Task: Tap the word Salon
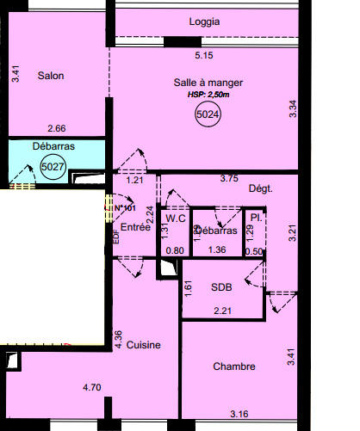pos(51,76)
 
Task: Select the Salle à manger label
pos(208,83)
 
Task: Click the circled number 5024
pos(208,114)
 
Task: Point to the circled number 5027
pos(53,167)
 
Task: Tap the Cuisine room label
pos(144,345)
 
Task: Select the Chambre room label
pos(234,366)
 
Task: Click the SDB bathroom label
pos(222,288)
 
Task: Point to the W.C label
pos(177,219)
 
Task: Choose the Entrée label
pos(136,227)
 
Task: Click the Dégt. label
pos(260,188)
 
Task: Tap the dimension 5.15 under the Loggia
pos(204,56)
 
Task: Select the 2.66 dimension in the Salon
pos(57,129)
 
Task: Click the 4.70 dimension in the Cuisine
pos(92,388)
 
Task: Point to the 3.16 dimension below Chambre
pos(239,415)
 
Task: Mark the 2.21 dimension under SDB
pos(222,310)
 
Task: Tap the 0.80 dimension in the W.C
pos(175,250)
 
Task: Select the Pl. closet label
pos(256,219)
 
